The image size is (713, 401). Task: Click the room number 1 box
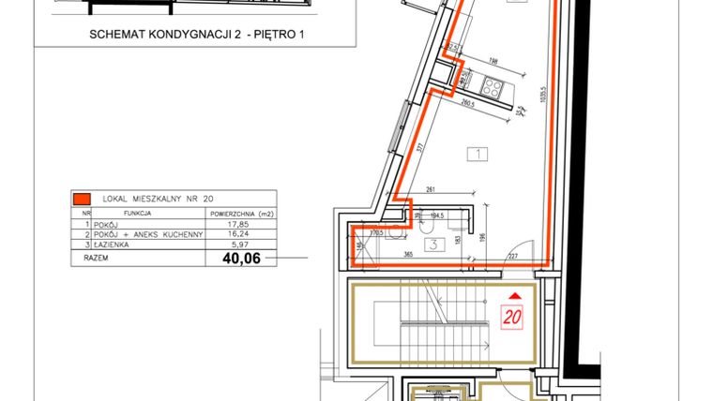click(x=478, y=153)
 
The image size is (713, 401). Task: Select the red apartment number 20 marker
click(x=512, y=316)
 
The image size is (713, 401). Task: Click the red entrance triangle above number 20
click(x=512, y=296)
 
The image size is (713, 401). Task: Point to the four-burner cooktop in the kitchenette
click(x=493, y=87)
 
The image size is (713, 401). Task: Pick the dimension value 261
click(x=431, y=189)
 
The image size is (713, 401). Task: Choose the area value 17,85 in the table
click(x=240, y=224)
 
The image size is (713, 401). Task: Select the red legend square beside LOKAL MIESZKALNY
click(x=82, y=199)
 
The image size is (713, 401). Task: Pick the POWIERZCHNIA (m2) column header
click(x=241, y=213)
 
